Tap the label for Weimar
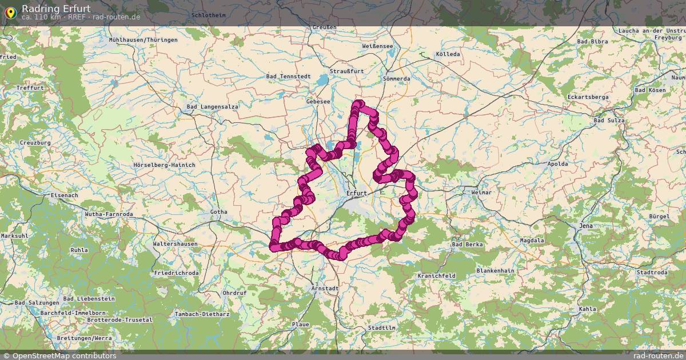(x=481, y=193)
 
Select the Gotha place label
(x=218, y=212)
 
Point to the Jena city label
(x=586, y=226)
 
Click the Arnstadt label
(x=325, y=289)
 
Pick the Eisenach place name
(x=64, y=195)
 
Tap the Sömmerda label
(x=397, y=78)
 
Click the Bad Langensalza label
(x=213, y=107)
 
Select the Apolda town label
(x=557, y=164)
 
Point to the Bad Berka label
(x=467, y=245)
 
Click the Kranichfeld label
(x=436, y=276)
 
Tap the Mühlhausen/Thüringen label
(x=143, y=40)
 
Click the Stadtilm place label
(x=382, y=328)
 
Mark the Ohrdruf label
(x=234, y=293)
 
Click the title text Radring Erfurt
(x=56, y=9)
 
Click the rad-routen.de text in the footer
(x=655, y=356)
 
